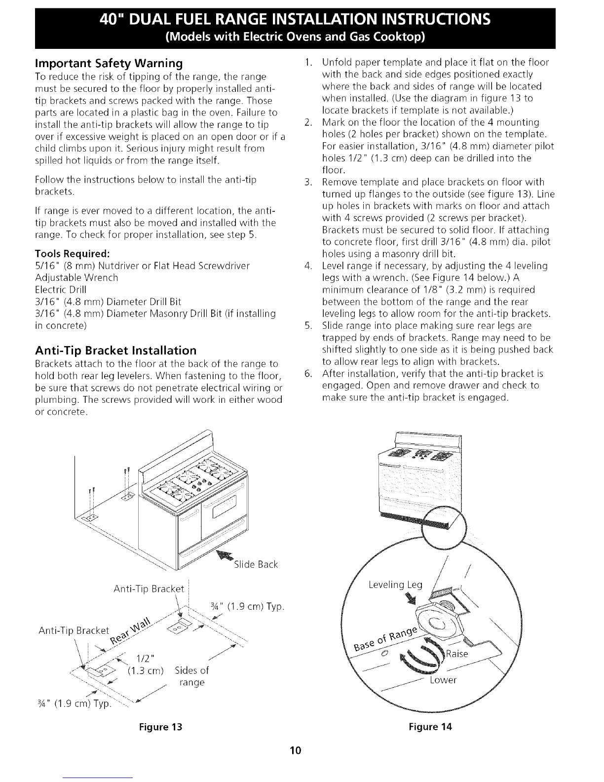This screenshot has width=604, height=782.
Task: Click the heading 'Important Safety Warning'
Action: click(109, 64)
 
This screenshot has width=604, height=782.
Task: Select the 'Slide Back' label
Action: click(256, 564)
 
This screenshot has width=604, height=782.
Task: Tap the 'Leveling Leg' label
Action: click(396, 585)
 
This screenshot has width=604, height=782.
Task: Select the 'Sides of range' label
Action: click(191, 676)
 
